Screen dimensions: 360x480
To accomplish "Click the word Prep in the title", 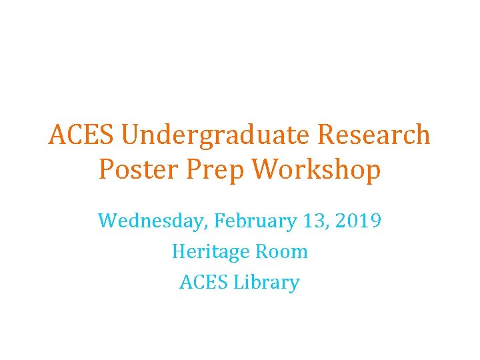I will (215, 171).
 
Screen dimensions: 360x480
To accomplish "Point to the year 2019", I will (357, 221).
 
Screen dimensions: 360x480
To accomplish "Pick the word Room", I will (284, 251).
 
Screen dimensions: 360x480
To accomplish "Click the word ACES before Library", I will (205, 282).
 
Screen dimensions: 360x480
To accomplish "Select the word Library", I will (267, 283).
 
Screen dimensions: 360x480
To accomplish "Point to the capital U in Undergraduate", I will (131, 136).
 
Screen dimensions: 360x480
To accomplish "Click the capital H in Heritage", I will (178, 251).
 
